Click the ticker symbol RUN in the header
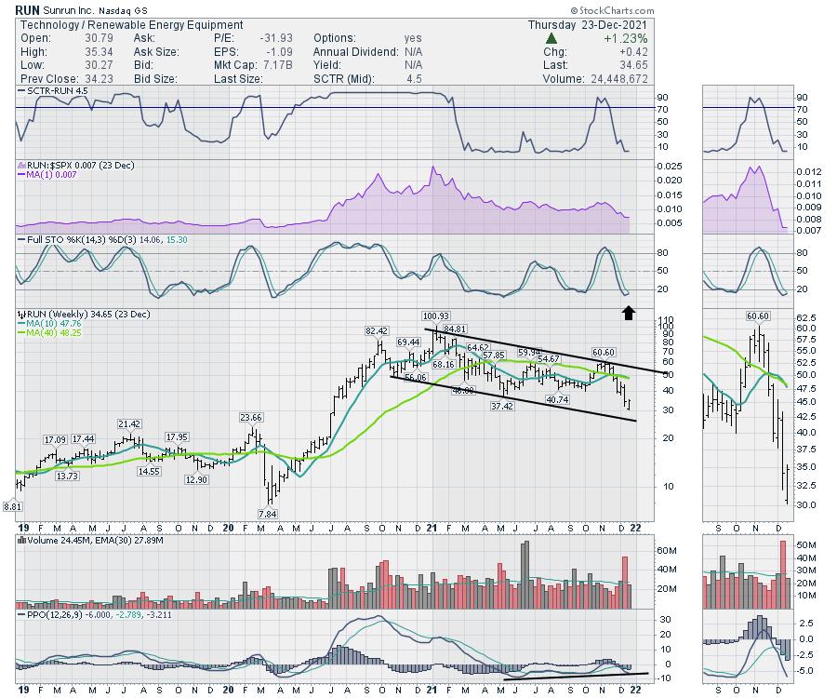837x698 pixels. point(28,9)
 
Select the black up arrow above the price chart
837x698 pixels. point(629,313)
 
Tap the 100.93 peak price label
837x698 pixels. point(435,316)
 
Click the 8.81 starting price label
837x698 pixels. point(11,505)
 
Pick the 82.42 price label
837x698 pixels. point(377,330)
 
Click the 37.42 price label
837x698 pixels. point(502,407)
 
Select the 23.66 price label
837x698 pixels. point(251,417)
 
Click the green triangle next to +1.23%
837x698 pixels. point(551,38)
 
